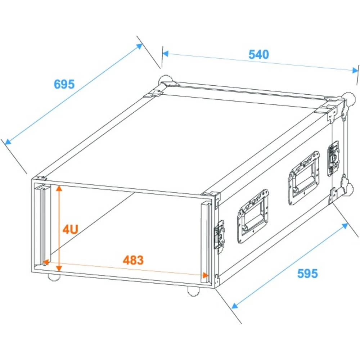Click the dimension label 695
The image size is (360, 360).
click(64, 84)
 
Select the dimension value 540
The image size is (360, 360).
click(258, 54)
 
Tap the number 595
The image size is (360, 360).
click(307, 274)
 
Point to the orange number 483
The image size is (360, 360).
click(133, 260)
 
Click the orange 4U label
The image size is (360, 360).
click(70, 229)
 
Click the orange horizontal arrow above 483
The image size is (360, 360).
click(126, 269)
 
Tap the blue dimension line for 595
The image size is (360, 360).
click(290, 266)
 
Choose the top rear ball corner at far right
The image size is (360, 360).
click(348, 98)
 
